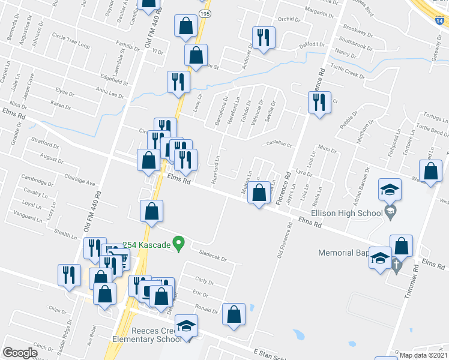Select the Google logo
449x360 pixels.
(x=19, y=353)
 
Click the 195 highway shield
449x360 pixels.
(x=205, y=13)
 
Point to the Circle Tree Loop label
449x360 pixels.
(x=70, y=46)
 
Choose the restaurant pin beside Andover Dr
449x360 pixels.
(x=264, y=38)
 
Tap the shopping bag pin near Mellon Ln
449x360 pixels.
(x=259, y=194)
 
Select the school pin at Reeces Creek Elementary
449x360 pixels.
(x=187, y=326)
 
